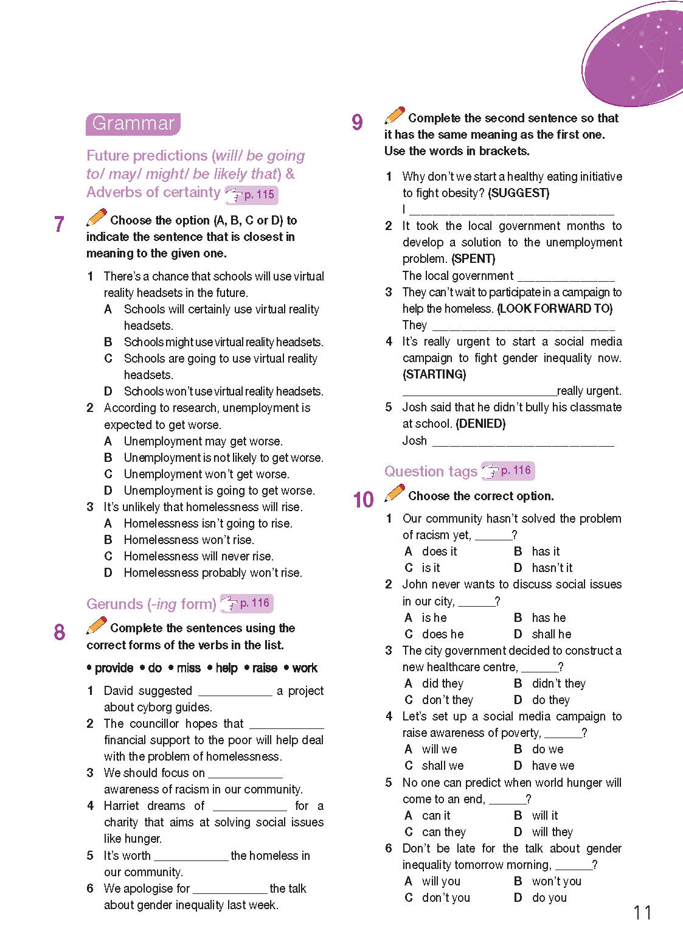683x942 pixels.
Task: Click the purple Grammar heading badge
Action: (x=133, y=124)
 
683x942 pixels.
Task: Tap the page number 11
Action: (x=642, y=913)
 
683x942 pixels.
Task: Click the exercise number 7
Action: (x=59, y=225)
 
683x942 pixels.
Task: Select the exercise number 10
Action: (x=363, y=500)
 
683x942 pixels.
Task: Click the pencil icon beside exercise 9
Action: (x=395, y=115)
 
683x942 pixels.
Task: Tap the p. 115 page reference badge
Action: (x=252, y=195)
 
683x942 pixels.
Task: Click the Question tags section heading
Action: (x=431, y=472)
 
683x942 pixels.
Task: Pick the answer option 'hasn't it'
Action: (x=552, y=568)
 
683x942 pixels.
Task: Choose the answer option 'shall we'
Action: (x=442, y=766)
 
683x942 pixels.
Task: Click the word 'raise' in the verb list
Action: (x=265, y=668)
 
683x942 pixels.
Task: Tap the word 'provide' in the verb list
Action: (x=114, y=668)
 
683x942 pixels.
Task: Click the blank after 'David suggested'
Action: (x=235, y=692)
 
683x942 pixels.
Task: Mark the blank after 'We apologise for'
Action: (x=230, y=890)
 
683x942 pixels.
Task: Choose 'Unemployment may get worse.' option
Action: (x=203, y=441)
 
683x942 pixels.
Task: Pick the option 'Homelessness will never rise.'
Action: (x=198, y=556)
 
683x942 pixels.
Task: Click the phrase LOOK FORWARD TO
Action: (x=555, y=309)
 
